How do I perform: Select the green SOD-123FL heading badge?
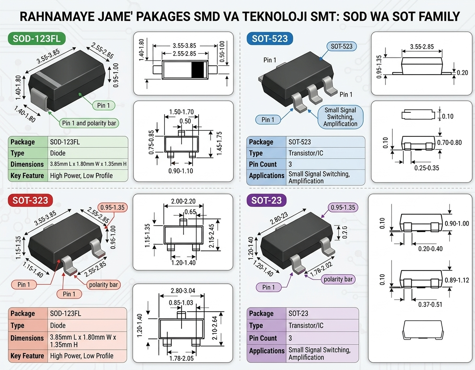[36, 39]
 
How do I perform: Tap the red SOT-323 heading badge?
[30, 200]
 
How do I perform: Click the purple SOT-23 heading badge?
[267, 200]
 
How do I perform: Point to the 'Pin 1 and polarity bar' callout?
[89, 123]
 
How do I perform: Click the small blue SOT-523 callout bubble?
[341, 46]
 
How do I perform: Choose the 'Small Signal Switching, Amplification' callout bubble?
[340, 117]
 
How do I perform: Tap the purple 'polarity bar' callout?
[338, 279]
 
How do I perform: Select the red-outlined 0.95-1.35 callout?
[112, 207]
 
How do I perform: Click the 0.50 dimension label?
[185, 121]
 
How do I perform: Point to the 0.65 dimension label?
[190, 212]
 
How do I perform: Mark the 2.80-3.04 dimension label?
[183, 290]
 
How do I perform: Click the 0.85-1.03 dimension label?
[181, 303]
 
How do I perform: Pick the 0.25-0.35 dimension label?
[426, 168]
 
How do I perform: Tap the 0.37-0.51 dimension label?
[430, 304]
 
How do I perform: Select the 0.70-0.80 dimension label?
[449, 142]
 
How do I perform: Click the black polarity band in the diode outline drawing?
[197, 70]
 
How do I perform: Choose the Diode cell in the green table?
[58, 153]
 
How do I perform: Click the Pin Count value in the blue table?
[290, 164]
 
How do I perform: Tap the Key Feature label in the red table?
[27, 356]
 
